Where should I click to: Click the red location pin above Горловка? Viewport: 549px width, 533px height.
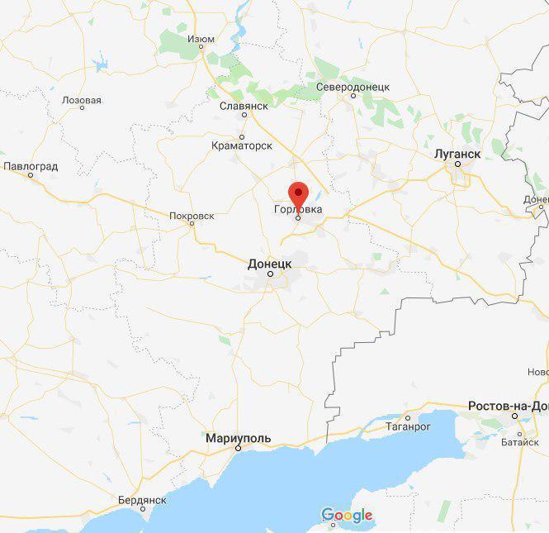coord(298,193)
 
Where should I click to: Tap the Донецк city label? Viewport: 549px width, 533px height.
coord(270,263)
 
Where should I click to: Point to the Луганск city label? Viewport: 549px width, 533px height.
coord(457,154)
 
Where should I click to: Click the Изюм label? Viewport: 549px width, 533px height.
coord(201,39)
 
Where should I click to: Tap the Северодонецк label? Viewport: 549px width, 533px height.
coord(353,87)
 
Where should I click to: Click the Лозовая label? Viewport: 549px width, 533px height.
coord(82,101)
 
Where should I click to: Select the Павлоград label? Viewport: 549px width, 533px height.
coord(31,166)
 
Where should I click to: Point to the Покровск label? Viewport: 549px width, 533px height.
coord(192,216)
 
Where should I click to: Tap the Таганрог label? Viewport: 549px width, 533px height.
coord(408,427)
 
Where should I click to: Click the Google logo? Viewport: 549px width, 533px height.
coord(347,516)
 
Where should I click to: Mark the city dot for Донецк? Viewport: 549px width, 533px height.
coord(270,273)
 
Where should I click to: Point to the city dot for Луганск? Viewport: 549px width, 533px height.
coord(457,164)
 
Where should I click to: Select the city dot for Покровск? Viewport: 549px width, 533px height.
coord(192,223)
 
